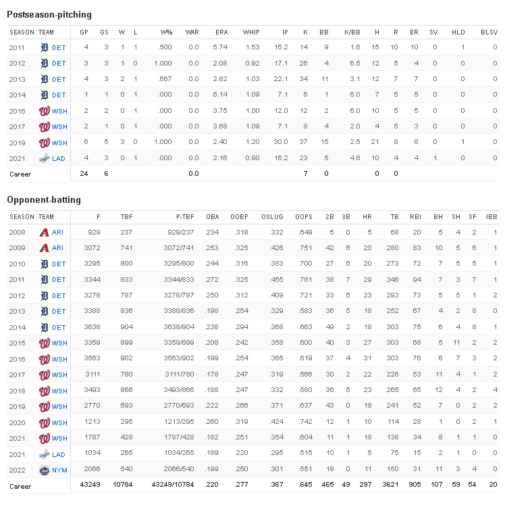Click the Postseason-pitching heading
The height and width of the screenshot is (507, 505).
point(49,14)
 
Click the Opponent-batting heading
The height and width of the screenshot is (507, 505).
point(44,200)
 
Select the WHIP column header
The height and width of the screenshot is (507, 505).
point(251,32)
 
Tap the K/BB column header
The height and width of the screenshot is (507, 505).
point(352,32)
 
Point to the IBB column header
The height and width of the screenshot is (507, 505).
point(492,217)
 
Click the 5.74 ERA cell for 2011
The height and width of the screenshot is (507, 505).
point(221,47)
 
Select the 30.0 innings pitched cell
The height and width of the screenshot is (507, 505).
point(281,143)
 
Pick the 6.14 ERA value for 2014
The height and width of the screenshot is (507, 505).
point(221,95)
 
